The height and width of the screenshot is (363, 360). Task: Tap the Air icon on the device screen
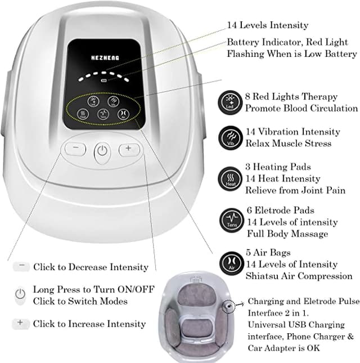point(123,113)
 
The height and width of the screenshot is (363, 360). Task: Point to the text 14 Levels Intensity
point(268,25)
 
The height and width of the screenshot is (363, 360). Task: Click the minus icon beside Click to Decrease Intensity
point(21,266)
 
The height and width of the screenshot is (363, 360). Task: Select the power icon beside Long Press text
point(21,295)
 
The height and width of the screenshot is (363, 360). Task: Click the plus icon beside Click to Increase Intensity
point(21,323)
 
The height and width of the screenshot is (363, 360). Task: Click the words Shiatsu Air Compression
point(299,275)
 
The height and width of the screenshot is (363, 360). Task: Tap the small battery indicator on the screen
point(103,81)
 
